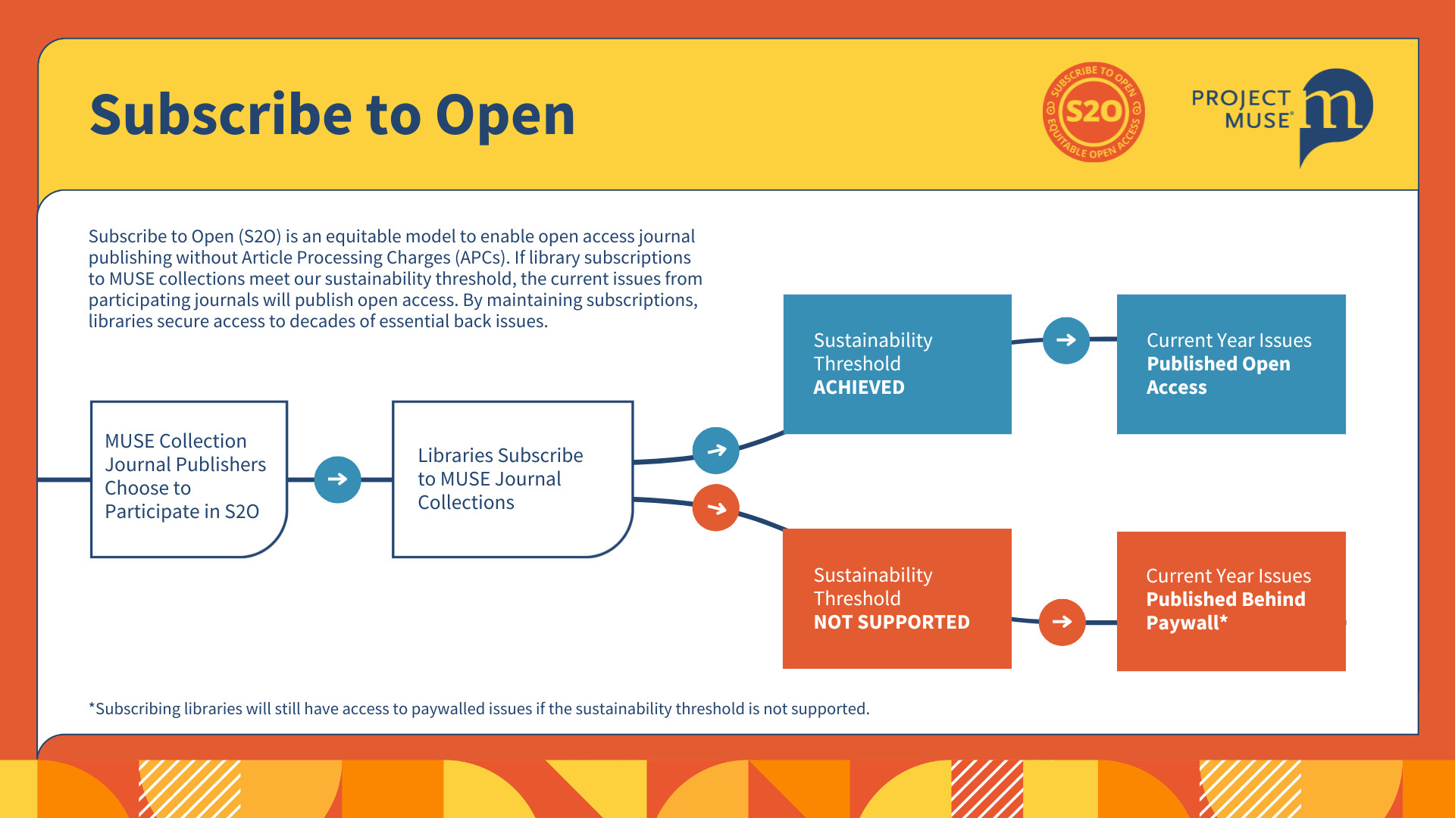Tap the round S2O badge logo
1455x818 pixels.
coord(1094,112)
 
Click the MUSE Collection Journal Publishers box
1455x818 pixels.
coord(189,479)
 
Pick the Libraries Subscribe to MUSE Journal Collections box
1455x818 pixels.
coord(512,479)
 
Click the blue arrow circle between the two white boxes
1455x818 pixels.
coord(338,479)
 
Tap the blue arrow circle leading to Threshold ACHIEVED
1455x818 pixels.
coord(716,451)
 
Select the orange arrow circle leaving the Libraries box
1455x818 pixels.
coord(716,507)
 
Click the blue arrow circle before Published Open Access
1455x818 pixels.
coord(1066,340)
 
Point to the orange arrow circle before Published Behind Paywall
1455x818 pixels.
coord(1062,622)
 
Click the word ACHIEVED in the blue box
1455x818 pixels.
coord(859,387)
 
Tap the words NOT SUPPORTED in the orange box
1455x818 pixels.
coord(891,622)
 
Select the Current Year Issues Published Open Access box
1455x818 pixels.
coord(1231,364)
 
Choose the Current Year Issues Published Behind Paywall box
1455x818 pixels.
coord(1231,601)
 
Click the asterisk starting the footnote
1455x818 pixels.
coord(92,707)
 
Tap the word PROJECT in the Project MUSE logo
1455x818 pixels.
coord(1241,98)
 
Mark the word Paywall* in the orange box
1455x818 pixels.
coord(1187,623)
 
